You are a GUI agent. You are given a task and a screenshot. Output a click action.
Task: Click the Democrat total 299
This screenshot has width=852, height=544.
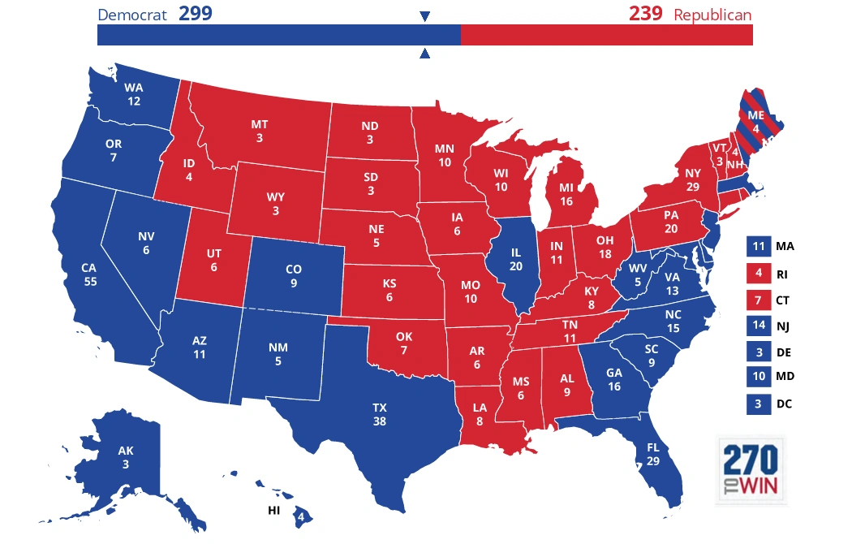pyautogui.click(x=195, y=14)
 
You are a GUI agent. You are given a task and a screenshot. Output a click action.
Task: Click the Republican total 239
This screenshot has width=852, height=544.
pyautogui.click(x=645, y=14)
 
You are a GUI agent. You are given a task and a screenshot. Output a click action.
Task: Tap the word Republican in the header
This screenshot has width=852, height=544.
pyautogui.click(x=712, y=15)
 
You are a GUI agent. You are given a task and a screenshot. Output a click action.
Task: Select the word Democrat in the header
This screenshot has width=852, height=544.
pyautogui.click(x=132, y=15)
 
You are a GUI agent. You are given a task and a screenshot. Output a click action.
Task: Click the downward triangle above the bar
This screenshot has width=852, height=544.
pyautogui.click(x=424, y=16)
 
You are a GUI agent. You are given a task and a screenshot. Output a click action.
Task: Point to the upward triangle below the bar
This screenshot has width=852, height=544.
pyautogui.click(x=424, y=54)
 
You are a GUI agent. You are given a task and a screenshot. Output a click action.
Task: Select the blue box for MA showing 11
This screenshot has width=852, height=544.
pyautogui.click(x=757, y=246)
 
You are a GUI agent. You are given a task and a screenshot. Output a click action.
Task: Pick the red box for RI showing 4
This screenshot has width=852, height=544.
pyautogui.click(x=757, y=273)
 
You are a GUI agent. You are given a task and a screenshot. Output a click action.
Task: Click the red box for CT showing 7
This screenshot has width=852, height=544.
pyautogui.click(x=757, y=300)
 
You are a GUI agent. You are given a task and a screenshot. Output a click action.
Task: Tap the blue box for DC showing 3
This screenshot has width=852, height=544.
pyautogui.click(x=757, y=404)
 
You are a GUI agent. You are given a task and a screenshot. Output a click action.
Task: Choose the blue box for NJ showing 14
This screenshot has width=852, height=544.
pyautogui.click(x=757, y=326)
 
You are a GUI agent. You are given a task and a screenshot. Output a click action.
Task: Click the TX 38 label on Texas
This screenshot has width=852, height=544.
pyautogui.click(x=380, y=414)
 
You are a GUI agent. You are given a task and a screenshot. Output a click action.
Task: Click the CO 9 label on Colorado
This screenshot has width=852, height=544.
pyautogui.click(x=294, y=276)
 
